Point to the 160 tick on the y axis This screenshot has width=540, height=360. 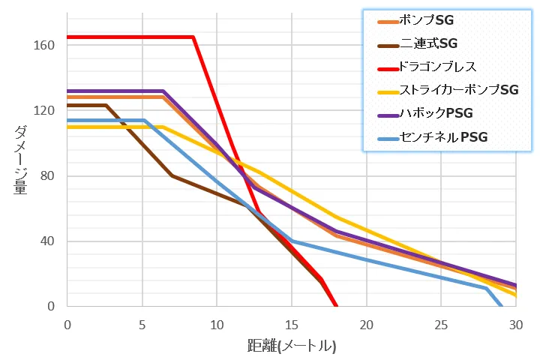44,45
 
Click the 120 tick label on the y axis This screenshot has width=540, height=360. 44,111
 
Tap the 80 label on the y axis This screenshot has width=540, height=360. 47,176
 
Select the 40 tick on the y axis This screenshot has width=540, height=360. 47,241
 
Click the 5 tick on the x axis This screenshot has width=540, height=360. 142,324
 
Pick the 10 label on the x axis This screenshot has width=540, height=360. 217,324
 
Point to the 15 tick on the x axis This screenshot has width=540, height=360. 292,324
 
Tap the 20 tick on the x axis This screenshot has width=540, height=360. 366,324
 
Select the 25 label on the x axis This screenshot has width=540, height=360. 441,324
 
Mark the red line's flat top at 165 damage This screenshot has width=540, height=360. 131,37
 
